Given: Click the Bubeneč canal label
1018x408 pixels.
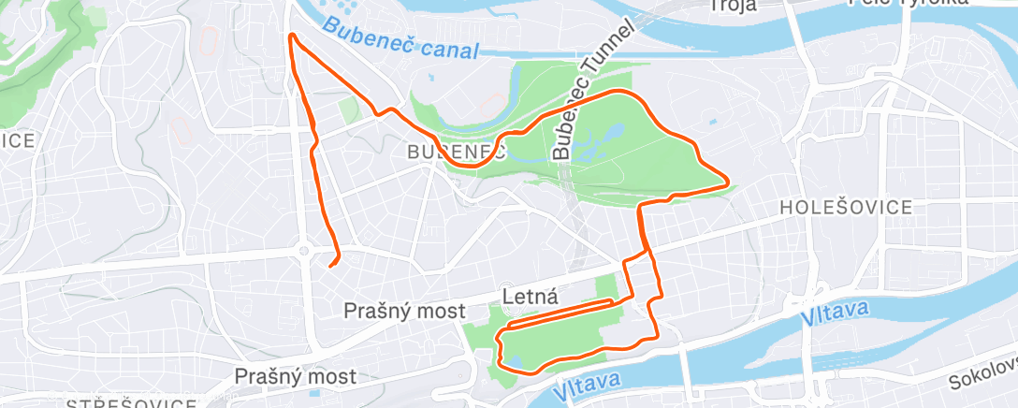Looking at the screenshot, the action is click(400, 40).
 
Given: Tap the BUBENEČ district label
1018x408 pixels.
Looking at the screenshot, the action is click(456, 152).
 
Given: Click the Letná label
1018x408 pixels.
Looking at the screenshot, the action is click(531, 298).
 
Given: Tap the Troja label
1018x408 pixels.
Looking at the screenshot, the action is click(733, 6).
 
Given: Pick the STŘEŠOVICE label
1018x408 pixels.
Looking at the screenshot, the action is click(131, 402).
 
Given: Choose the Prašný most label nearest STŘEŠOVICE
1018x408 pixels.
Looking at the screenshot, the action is click(296, 376).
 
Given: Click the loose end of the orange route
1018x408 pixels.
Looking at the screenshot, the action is click(330, 265).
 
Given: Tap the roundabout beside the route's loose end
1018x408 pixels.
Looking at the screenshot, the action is click(304, 250).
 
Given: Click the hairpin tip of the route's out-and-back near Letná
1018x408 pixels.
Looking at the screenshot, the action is click(614, 301).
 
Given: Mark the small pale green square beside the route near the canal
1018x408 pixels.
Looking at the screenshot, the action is click(348, 109).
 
